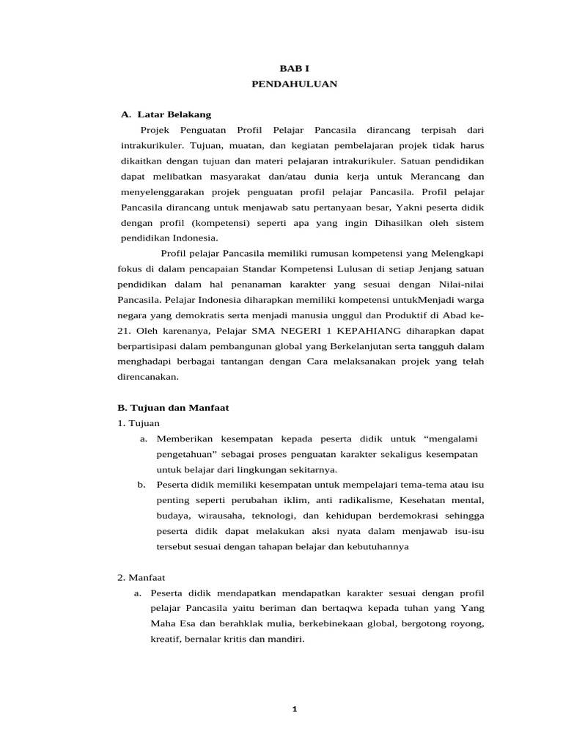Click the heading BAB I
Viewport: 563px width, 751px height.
click(294, 67)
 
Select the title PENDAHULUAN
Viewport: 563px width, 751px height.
click(294, 84)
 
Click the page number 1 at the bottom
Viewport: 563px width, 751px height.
click(294, 708)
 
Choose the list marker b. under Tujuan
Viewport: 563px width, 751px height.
click(141, 485)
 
